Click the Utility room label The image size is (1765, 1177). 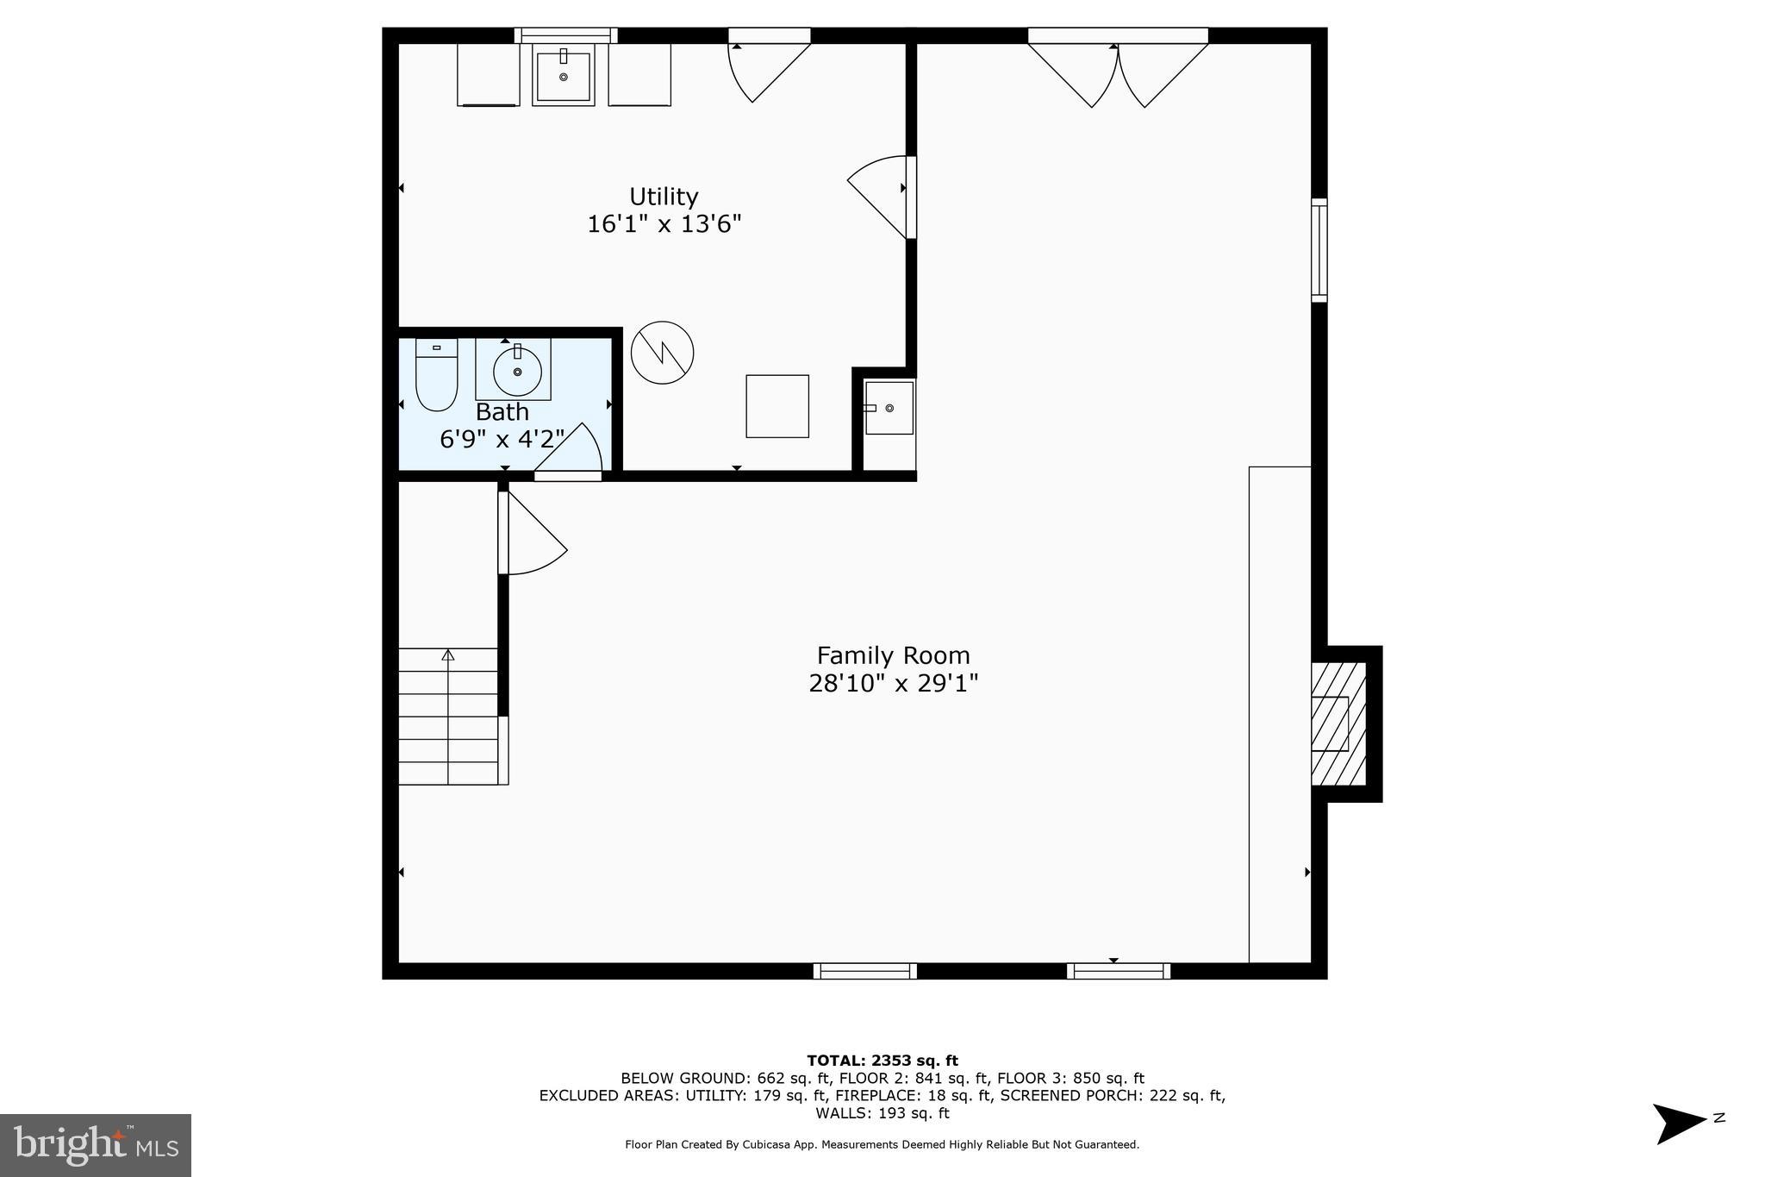663,197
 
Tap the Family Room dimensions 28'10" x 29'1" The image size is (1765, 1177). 893,684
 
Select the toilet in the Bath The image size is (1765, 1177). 436,375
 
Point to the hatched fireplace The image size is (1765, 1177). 1338,723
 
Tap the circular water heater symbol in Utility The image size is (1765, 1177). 662,353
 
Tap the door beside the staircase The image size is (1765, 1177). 531,535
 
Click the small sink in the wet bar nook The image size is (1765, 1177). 889,408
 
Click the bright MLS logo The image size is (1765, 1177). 96,1145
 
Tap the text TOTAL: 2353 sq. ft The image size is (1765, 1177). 882,1061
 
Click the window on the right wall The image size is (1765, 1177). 1319,250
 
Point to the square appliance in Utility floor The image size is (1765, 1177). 776,406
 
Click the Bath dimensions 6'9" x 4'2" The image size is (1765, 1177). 502,439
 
